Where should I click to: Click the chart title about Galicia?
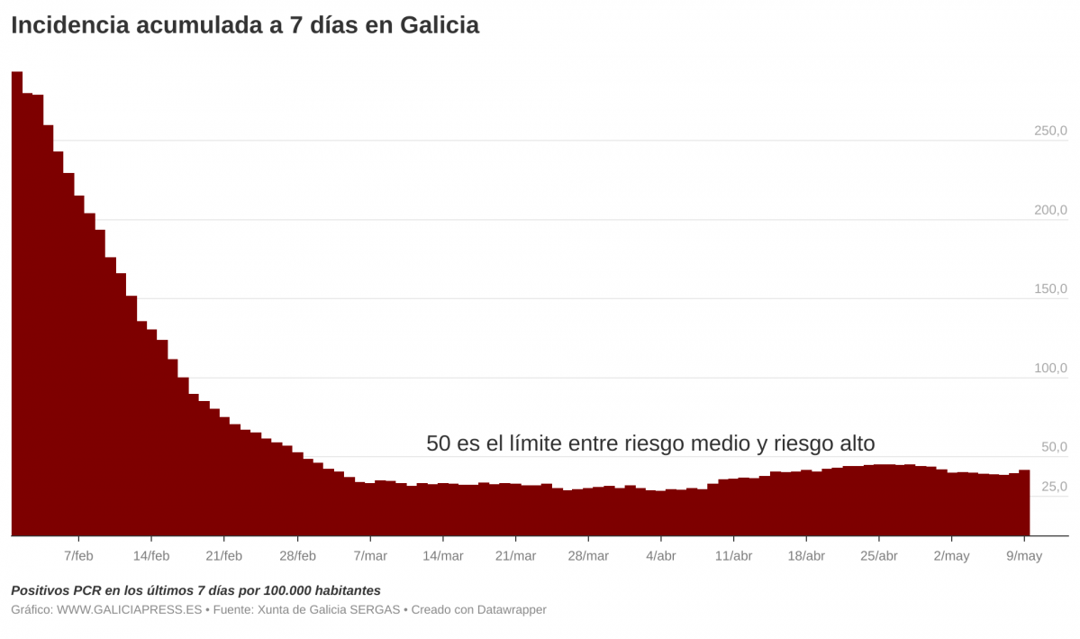tap(245, 26)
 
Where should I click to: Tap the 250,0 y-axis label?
tap(1050, 132)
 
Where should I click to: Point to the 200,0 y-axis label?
tap(1050, 210)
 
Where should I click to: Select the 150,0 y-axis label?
tap(1050, 289)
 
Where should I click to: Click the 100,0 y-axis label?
tap(1050, 368)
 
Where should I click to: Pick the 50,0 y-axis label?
tap(1054, 447)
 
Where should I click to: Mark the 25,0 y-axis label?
tap(1054, 487)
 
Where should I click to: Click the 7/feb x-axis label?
tap(78, 556)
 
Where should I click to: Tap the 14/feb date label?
tap(151, 556)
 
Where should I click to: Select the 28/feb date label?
tap(297, 556)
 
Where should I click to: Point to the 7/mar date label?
tap(370, 556)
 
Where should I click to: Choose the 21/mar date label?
tap(515, 556)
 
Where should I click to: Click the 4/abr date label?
tap(660, 556)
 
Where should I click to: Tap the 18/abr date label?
tap(806, 556)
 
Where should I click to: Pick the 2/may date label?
tap(951, 556)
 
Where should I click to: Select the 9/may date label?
tap(1024, 556)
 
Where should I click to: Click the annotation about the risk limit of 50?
tap(650, 443)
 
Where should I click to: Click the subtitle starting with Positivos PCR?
tap(195, 590)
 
